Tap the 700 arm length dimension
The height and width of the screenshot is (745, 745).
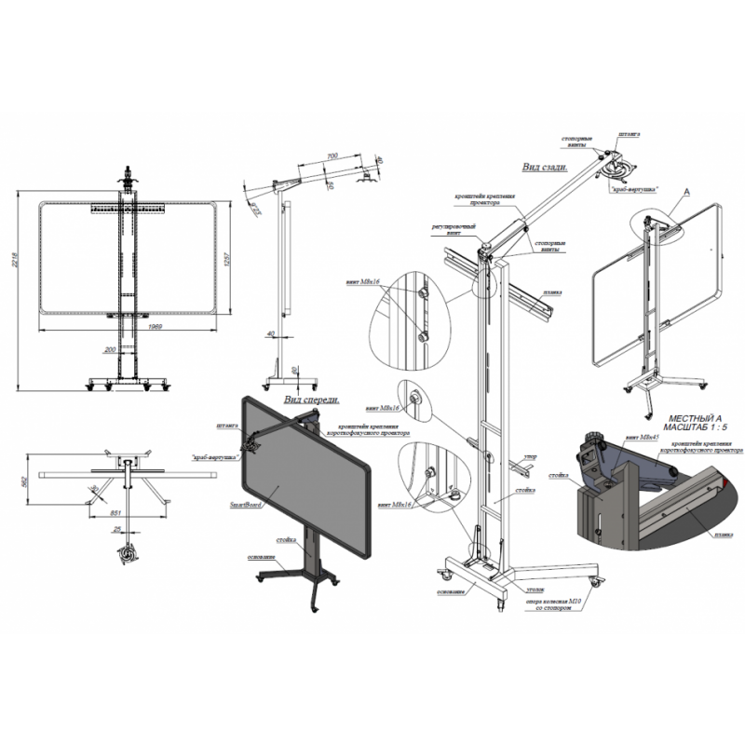(332, 156)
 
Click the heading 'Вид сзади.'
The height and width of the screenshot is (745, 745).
(543, 167)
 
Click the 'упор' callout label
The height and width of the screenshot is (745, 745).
(529, 457)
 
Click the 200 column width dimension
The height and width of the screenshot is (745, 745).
(113, 348)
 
